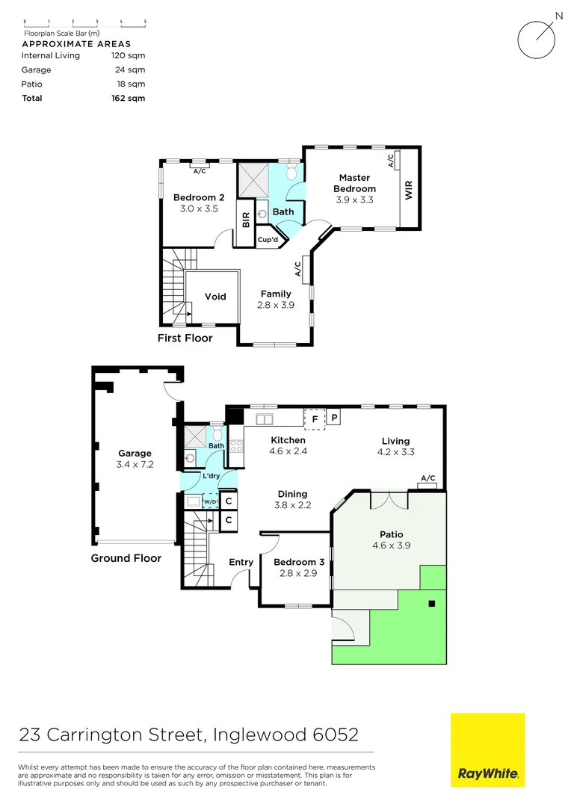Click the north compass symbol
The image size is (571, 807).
point(538,37)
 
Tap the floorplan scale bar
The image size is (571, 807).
point(84,24)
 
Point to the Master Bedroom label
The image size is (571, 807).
point(354,183)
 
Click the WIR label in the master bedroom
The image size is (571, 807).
point(409,190)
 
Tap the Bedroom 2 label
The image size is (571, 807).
point(199,197)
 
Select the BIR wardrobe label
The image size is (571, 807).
point(245,220)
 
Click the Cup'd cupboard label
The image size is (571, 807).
point(268,240)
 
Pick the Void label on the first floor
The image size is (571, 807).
point(215,297)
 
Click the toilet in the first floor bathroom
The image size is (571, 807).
point(292,173)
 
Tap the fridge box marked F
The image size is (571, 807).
point(315,418)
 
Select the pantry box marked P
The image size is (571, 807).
point(335,418)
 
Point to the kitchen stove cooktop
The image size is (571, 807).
point(235,446)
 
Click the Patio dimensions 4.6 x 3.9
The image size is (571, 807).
point(391,545)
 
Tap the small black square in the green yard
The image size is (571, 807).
point(431,603)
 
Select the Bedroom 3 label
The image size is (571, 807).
point(294,562)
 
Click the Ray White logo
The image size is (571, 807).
point(487,749)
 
